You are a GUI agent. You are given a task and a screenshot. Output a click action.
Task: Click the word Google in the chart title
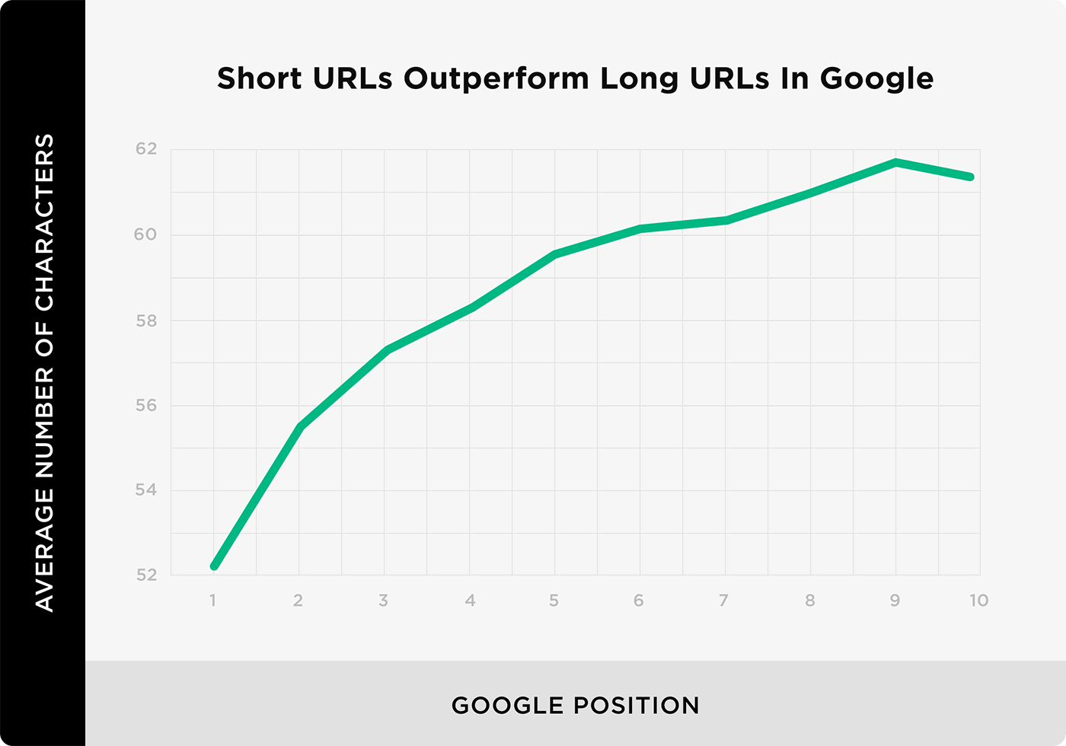tap(876, 78)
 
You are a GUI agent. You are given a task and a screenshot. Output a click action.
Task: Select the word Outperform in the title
tap(496, 79)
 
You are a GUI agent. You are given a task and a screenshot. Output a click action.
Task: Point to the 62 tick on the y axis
tap(146, 149)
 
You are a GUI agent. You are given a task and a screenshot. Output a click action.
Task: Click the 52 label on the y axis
tap(146, 575)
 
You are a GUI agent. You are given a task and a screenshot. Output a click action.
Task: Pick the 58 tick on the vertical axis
tap(146, 320)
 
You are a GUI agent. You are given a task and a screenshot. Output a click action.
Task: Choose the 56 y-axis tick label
tap(146, 405)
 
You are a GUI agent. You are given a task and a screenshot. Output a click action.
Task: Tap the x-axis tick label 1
tap(212, 601)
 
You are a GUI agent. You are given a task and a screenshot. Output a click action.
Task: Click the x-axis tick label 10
tap(979, 601)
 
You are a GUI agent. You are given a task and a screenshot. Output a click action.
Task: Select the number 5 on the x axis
tap(554, 601)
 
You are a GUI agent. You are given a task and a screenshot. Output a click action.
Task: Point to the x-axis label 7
tap(723, 601)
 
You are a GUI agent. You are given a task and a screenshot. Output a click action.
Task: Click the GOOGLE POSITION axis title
tap(576, 706)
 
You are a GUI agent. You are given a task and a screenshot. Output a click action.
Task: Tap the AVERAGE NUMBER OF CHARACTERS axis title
tap(45, 373)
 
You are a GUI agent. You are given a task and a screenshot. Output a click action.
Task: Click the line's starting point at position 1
tap(214, 566)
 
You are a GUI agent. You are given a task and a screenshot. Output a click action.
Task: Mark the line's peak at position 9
tap(895, 163)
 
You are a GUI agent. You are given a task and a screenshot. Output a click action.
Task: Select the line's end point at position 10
tap(971, 177)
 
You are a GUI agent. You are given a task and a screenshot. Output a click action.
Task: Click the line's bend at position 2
tap(300, 426)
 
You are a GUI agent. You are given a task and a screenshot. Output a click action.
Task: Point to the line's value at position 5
tap(554, 254)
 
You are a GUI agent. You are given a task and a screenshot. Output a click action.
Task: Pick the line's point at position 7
tap(725, 220)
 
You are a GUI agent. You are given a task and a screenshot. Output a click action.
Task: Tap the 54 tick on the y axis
tap(146, 490)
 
